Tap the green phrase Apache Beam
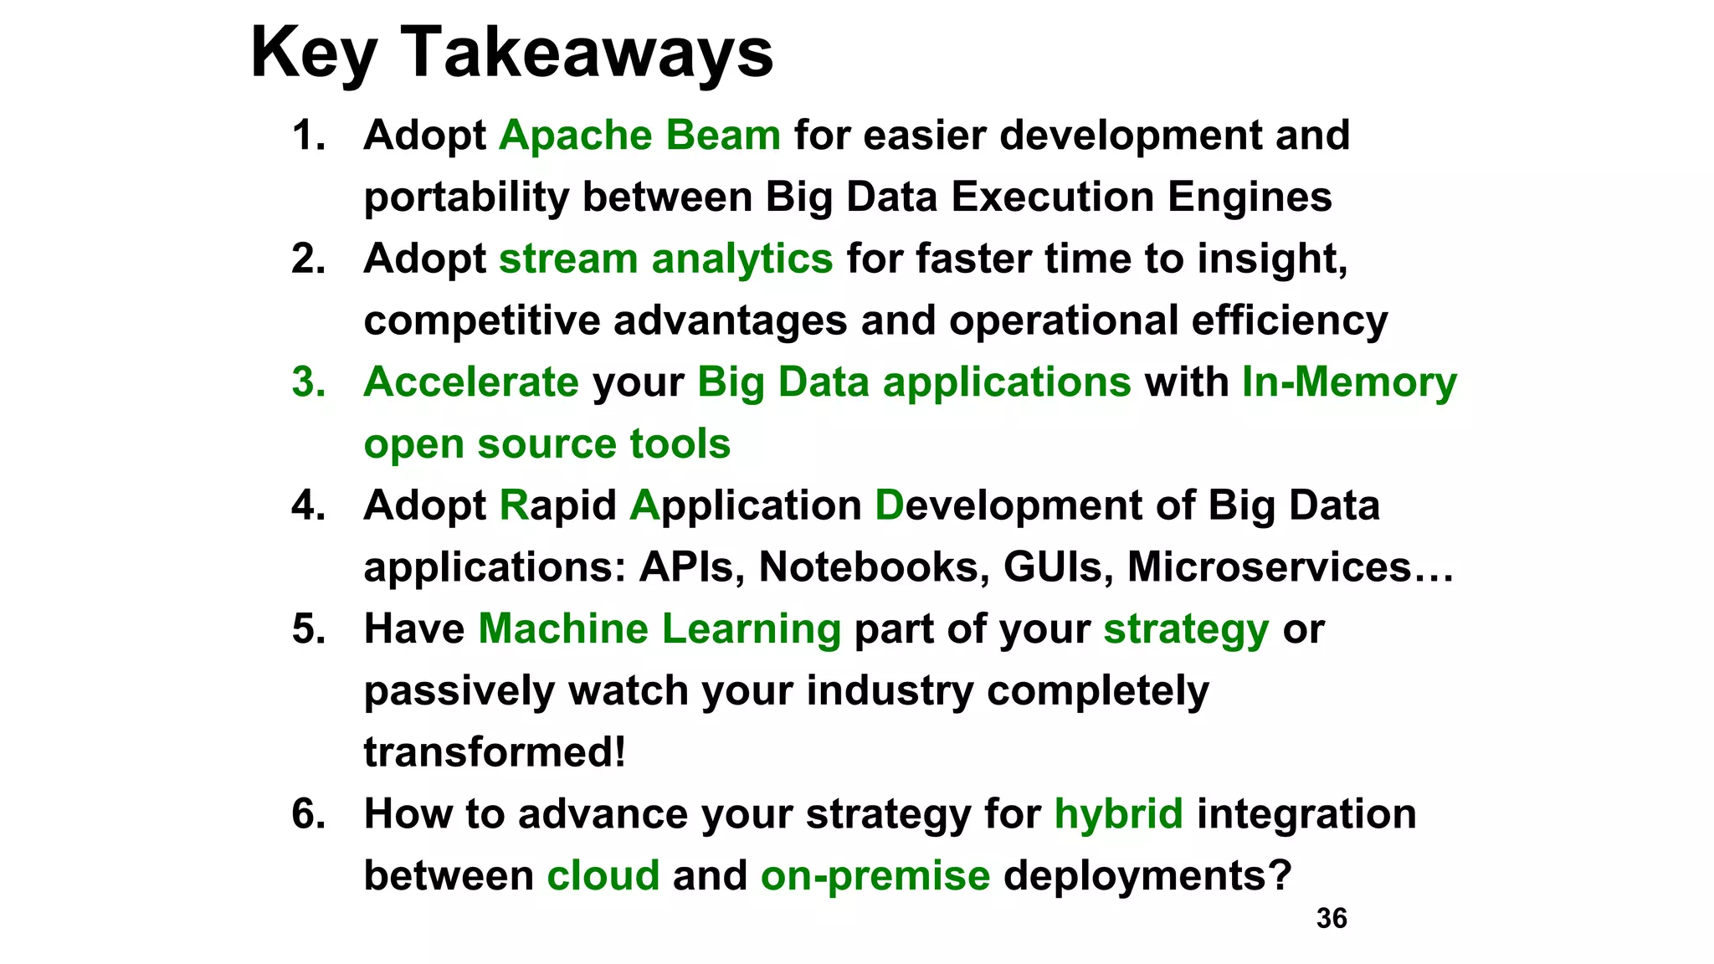tap(639, 136)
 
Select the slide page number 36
tap(1332, 919)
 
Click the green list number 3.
tap(308, 382)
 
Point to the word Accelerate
tap(471, 382)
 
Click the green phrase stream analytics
tap(665, 259)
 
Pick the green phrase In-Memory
tap(1349, 382)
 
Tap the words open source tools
tap(547, 444)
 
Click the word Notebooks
tap(869, 567)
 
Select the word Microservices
tap(1269, 567)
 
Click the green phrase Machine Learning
tap(659, 629)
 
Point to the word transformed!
tap(495, 752)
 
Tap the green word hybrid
tap(1118, 814)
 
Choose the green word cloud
tap(603, 876)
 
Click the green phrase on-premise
tap(875, 876)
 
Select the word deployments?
tap(1147, 876)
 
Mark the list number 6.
tap(308, 814)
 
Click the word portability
tap(466, 197)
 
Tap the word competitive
tap(481, 320)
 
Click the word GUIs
tap(1058, 567)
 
